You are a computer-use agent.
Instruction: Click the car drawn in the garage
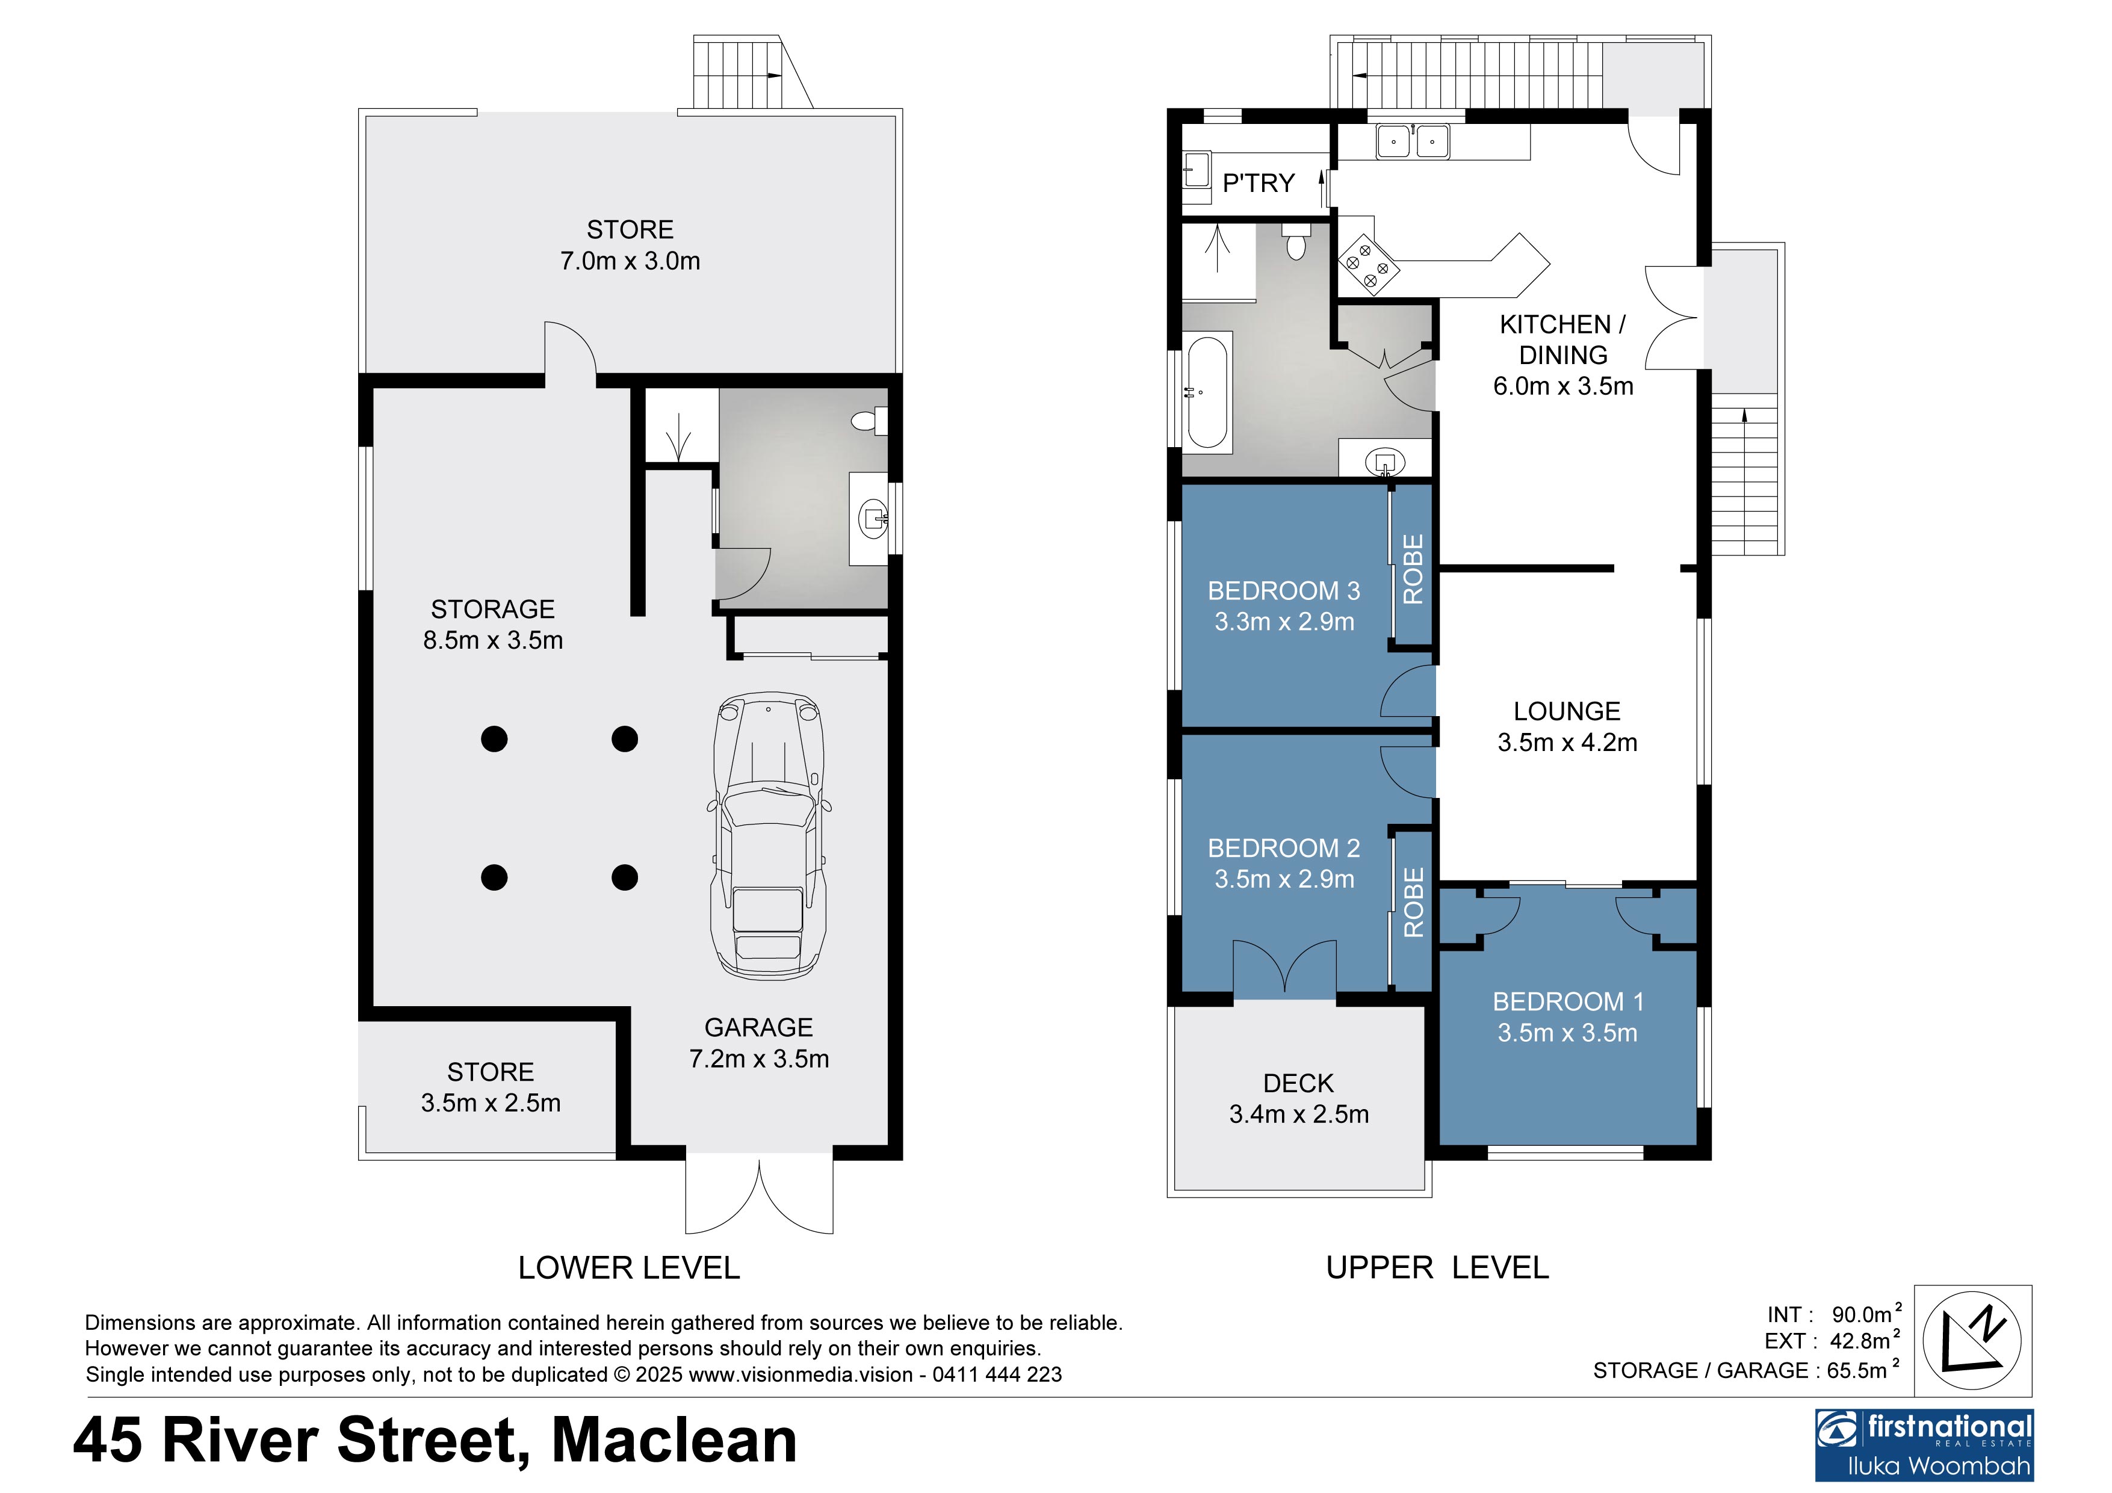(768, 835)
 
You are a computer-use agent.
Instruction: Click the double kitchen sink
(1412, 141)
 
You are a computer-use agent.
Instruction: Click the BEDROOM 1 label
(1567, 1002)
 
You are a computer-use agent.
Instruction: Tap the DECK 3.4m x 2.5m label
(1299, 1098)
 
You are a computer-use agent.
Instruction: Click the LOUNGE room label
(1567, 711)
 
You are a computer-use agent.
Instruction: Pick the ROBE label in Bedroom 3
(1413, 569)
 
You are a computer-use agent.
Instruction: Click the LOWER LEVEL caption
(629, 1267)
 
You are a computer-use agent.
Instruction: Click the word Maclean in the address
(674, 1439)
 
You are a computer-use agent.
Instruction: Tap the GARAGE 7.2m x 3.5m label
(759, 1043)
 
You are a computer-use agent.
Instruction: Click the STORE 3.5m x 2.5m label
(491, 1087)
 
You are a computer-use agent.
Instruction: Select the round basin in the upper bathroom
(1384, 461)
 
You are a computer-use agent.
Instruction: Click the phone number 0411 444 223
(997, 1374)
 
